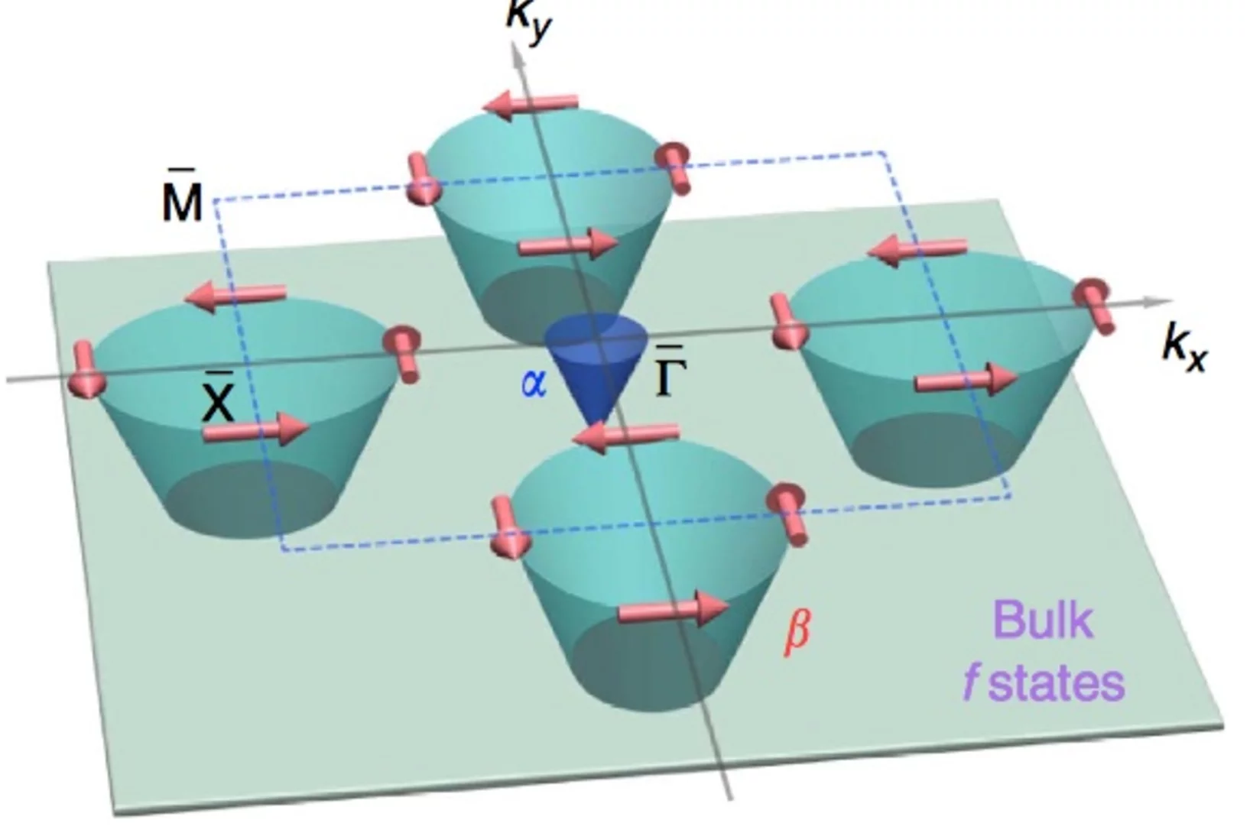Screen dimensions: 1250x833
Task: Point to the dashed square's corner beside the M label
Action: (215, 199)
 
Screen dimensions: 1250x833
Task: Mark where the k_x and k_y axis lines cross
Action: (597, 337)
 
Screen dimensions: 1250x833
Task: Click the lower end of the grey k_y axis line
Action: (730, 799)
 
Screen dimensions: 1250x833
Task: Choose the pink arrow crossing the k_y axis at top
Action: (530, 104)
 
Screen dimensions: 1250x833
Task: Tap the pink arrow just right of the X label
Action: (255, 429)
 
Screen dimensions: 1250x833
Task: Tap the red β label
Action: (797, 634)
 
